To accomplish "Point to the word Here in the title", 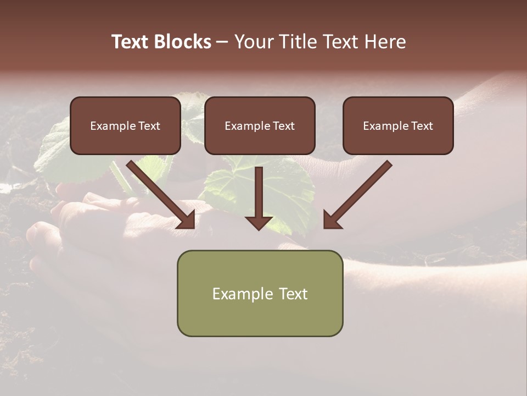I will tap(385, 42).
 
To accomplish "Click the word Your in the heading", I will tap(254, 42).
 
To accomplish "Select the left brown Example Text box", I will tap(125, 125).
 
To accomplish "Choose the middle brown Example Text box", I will tap(260, 125).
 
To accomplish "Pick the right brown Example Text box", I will tap(398, 125).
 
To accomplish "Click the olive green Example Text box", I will tap(260, 293).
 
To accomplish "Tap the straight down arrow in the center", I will tap(259, 195).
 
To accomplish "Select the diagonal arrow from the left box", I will tap(159, 193).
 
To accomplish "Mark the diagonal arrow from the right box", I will tap(360, 193).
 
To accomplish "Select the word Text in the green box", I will tap(293, 294).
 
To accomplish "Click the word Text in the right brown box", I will tap(422, 126).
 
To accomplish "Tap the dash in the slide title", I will tap(222, 42).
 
